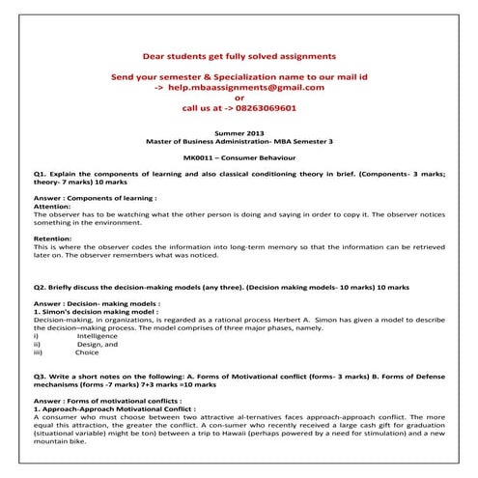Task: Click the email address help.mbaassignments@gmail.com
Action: (x=245, y=86)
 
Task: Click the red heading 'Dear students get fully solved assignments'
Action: (x=239, y=55)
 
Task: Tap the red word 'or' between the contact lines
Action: (x=239, y=98)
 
